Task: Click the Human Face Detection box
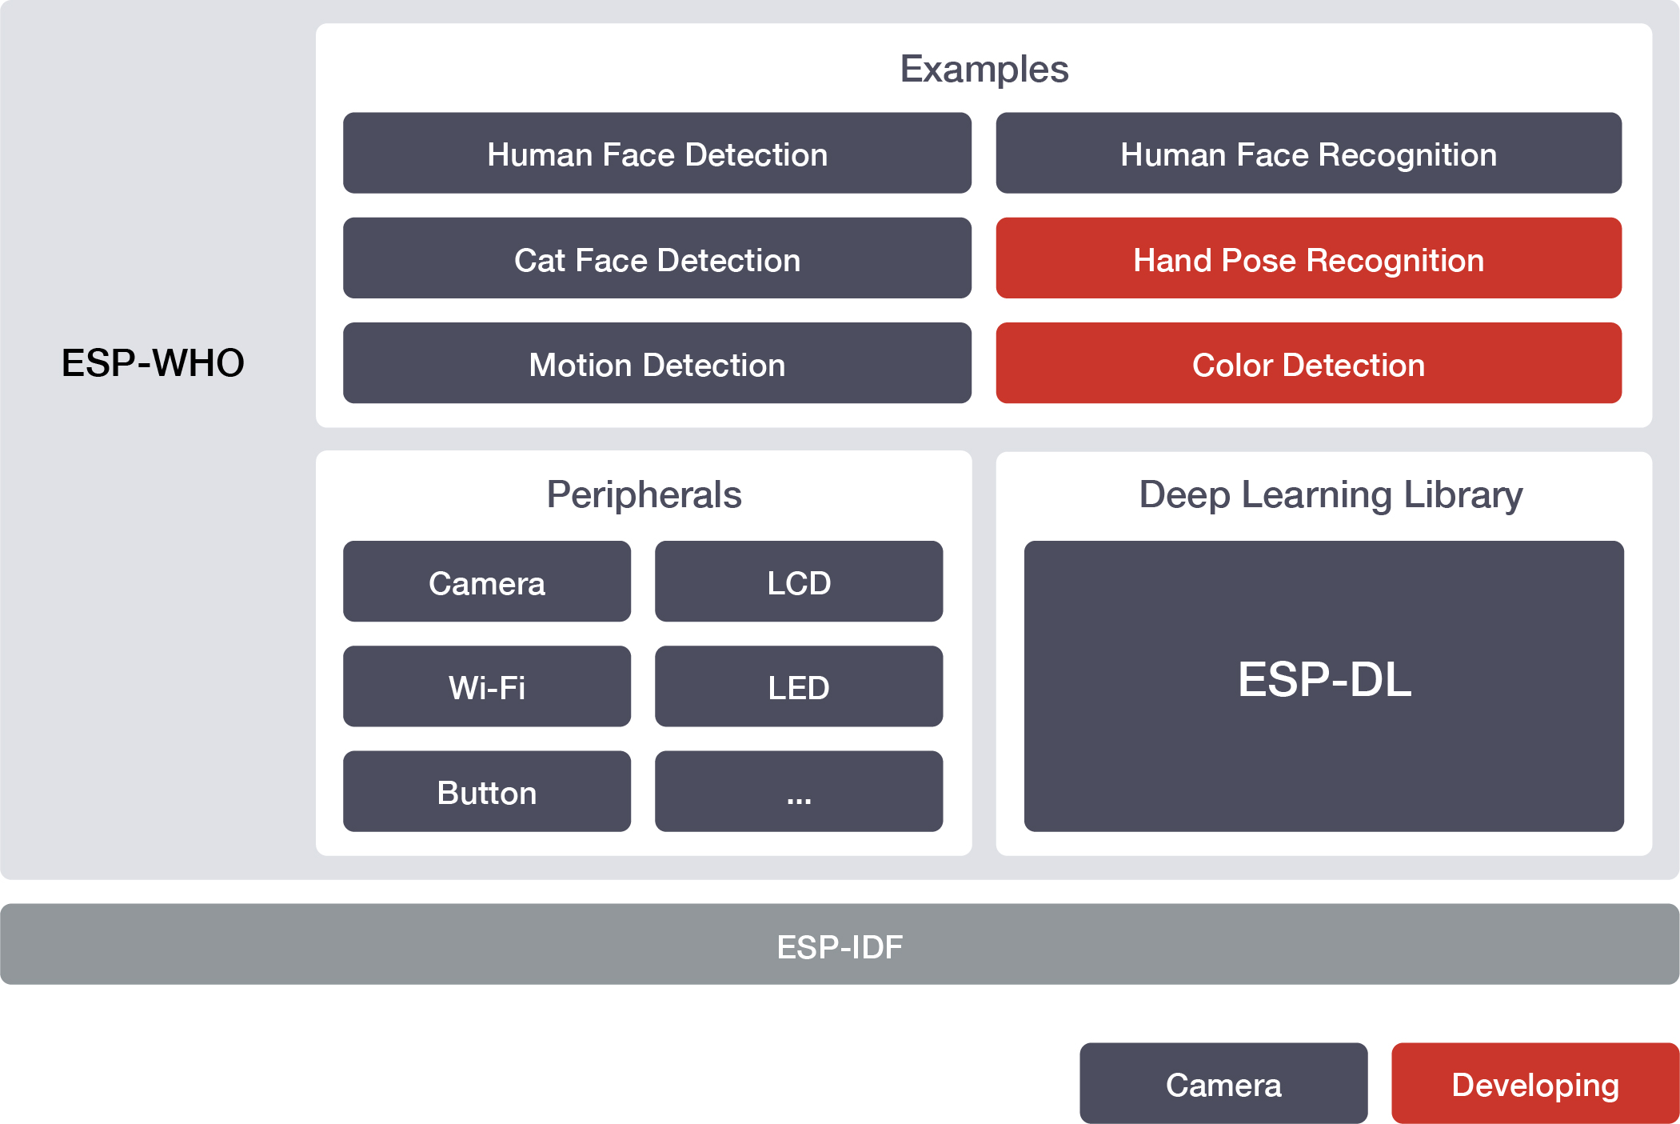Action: pyautogui.click(x=657, y=153)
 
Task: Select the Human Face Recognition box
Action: pyautogui.click(x=1308, y=153)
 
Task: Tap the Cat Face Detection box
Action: pyautogui.click(x=657, y=258)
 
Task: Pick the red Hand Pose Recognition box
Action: pyautogui.click(x=1308, y=258)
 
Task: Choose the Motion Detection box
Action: pyautogui.click(x=657, y=362)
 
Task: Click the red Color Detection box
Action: pyautogui.click(x=1308, y=362)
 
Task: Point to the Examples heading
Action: pyautogui.click(x=984, y=70)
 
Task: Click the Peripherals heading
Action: pyautogui.click(x=644, y=494)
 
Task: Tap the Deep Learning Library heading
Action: pyautogui.click(x=1331, y=495)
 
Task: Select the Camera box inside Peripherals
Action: pyautogui.click(x=487, y=581)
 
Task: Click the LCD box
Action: pyautogui.click(x=799, y=581)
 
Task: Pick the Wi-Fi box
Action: pyautogui.click(x=487, y=686)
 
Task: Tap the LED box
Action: pyautogui.click(x=799, y=686)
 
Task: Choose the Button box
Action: pyautogui.click(x=487, y=790)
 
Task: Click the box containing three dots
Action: pyautogui.click(x=799, y=790)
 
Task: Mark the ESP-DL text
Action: pyautogui.click(x=1324, y=680)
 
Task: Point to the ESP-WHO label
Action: pyautogui.click(x=153, y=362)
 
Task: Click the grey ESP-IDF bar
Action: pyautogui.click(x=840, y=944)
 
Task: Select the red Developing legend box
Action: pyautogui.click(x=1535, y=1083)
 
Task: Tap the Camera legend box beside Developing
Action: pyautogui.click(x=1223, y=1083)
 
